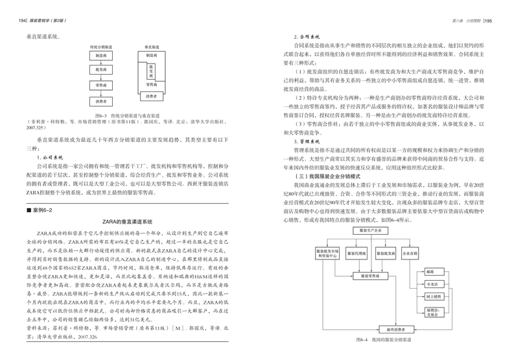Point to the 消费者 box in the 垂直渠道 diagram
click(x=152, y=96)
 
